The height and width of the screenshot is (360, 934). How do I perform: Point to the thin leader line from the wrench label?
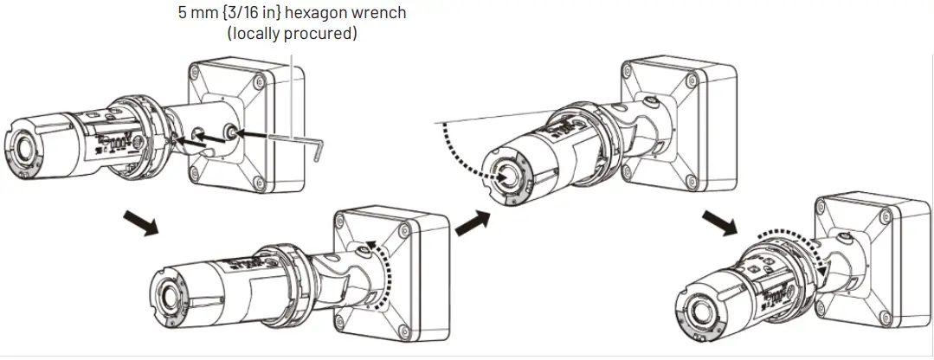[x=293, y=87]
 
